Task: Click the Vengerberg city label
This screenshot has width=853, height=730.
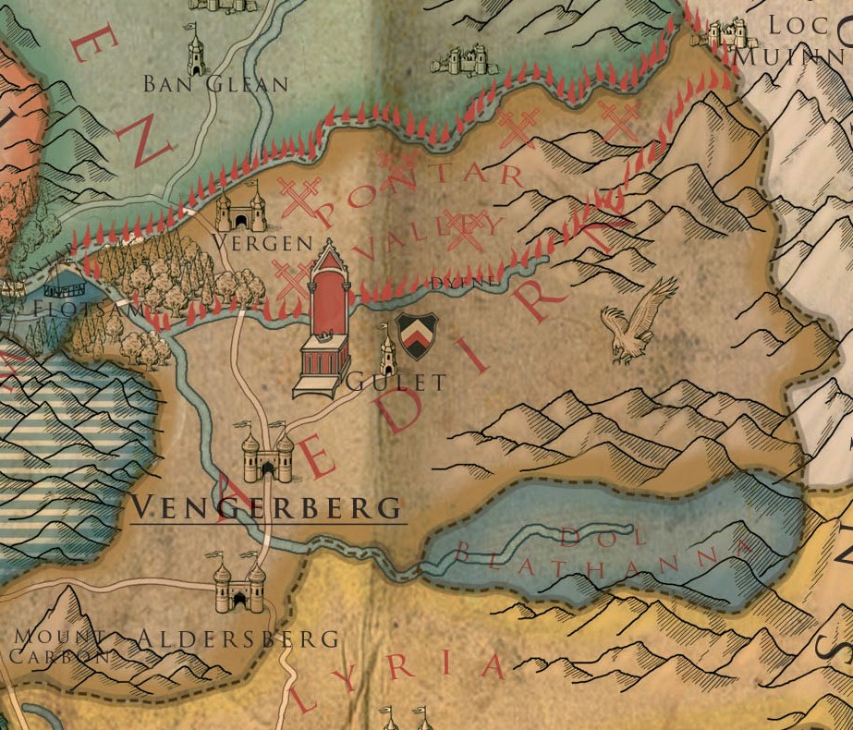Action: (x=267, y=507)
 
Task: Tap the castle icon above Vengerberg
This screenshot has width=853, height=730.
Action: (x=267, y=453)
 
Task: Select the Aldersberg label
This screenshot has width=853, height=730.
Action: (x=238, y=639)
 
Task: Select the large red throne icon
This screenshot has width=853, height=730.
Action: (x=323, y=319)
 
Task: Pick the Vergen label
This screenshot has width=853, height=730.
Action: (x=249, y=242)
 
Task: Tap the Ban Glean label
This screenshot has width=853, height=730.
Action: (x=215, y=84)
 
